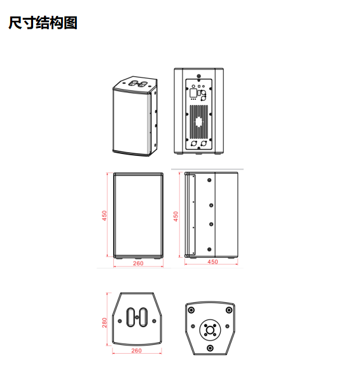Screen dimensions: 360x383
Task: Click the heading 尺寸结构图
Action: tap(43, 23)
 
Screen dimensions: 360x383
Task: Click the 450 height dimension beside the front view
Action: tap(104, 216)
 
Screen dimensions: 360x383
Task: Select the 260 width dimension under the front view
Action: tap(138, 263)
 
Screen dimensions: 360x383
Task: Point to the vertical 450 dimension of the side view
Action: tap(176, 216)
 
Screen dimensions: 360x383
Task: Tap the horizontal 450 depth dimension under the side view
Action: tap(212, 262)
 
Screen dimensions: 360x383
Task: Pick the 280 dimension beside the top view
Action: tap(104, 323)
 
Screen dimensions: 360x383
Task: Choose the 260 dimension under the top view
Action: tap(136, 351)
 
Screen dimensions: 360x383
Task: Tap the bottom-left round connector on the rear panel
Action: tap(194, 144)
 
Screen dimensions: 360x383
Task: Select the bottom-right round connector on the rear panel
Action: tap(204, 144)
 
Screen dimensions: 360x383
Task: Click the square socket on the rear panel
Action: tap(193, 93)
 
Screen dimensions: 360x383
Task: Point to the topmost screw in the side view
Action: tap(209, 180)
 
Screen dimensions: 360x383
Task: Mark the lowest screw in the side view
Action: tap(209, 249)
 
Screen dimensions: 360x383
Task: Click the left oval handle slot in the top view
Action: tap(130, 317)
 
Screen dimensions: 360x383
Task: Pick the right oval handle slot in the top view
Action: tap(143, 317)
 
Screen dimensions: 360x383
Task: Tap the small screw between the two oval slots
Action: tap(137, 317)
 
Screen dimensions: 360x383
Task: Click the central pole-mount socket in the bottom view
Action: tap(210, 330)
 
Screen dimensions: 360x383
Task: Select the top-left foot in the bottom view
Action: tap(191, 310)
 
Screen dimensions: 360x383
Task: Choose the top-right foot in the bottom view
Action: tap(229, 310)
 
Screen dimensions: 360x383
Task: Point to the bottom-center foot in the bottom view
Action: tap(210, 348)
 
